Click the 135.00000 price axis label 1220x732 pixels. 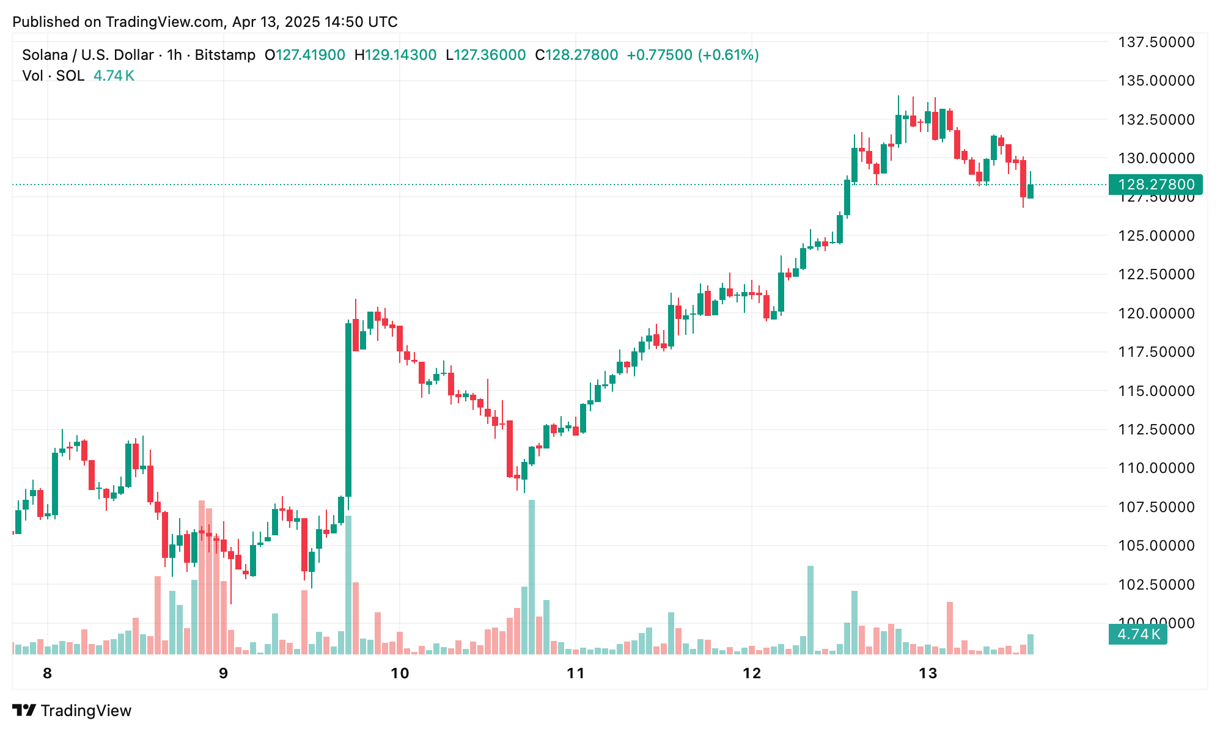click(x=1156, y=81)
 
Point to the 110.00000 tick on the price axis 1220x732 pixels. click(x=1156, y=468)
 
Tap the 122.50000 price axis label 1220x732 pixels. click(x=1156, y=274)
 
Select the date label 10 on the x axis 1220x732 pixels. click(x=399, y=673)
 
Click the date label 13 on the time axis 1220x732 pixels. click(x=928, y=673)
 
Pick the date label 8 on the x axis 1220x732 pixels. click(x=47, y=673)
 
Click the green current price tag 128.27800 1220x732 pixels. click(x=1155, y=185)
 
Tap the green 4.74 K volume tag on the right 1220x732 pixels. click(x=1138, y=634)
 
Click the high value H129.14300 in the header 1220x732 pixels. click(x=395, y=55)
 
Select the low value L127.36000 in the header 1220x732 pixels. click(x=485, y=55)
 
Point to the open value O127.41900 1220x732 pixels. click(x=304, y=55)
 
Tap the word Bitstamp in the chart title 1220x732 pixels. click(x=225, y=55)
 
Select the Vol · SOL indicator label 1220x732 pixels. click(x=53, y=76)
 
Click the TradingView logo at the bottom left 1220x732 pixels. click(x=72, y=711)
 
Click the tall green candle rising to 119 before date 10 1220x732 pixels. click(x=348, y=409)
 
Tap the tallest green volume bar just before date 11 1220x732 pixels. click(x=532, y=577)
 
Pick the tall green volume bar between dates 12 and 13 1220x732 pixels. click(x=810, y=609)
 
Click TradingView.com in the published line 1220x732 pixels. click(x=164, y=22)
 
